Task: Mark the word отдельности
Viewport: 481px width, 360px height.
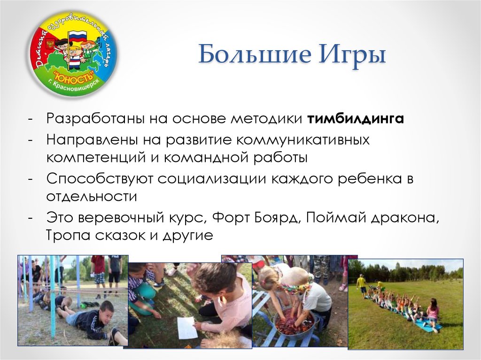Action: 92,196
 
